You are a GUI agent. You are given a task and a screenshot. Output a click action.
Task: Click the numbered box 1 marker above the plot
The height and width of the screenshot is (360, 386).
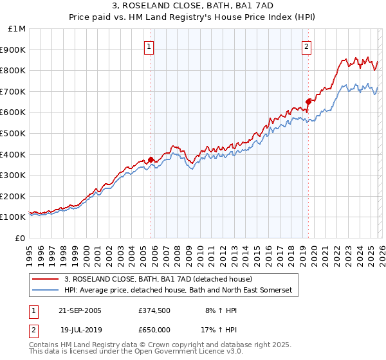click(x=149, y=46)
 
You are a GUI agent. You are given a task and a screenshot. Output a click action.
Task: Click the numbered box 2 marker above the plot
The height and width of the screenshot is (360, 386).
click(x=307, y=46)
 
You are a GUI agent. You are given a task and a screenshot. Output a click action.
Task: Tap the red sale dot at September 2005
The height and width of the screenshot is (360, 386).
click(x=151, y=159)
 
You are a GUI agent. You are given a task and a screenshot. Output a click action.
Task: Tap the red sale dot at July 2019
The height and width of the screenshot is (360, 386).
click(x=308, y=101)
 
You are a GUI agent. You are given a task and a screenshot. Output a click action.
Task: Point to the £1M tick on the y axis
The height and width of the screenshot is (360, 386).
click(x=17, y=29)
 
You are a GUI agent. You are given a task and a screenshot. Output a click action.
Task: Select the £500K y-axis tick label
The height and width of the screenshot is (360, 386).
click(x=14, y=133)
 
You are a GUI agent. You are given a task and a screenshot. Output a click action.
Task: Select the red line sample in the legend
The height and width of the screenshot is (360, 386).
click(x=46, y=279)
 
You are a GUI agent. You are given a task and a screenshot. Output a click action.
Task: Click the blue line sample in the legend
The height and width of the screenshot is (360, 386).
click(x=46, y=291)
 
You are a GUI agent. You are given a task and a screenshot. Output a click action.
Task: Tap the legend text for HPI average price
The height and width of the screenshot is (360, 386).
click(x=178, y=291)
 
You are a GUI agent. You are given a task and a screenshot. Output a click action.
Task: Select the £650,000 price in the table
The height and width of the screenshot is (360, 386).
click(x=154, y=329)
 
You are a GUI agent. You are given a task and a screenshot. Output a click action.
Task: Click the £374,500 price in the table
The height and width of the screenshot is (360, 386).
click(x=154, y=310)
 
